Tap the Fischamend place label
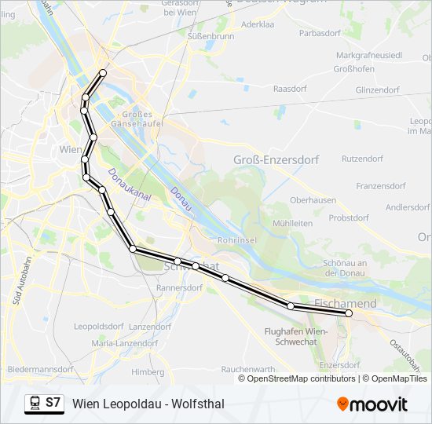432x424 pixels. coord(345,303)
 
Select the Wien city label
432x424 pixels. coord(71,149)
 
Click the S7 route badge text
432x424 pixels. coord(53,403)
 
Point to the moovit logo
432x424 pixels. coord(372,404)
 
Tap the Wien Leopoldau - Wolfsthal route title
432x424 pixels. coord(148,404)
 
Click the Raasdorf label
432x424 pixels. coord(288,89)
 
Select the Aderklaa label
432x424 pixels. coord(258,24)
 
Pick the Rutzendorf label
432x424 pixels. coord(361,158)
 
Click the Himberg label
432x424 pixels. coord(148,371)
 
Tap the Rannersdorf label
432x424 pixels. coord(179,288)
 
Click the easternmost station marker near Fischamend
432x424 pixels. coord(348,313)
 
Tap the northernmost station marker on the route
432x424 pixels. coord(103,73)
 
